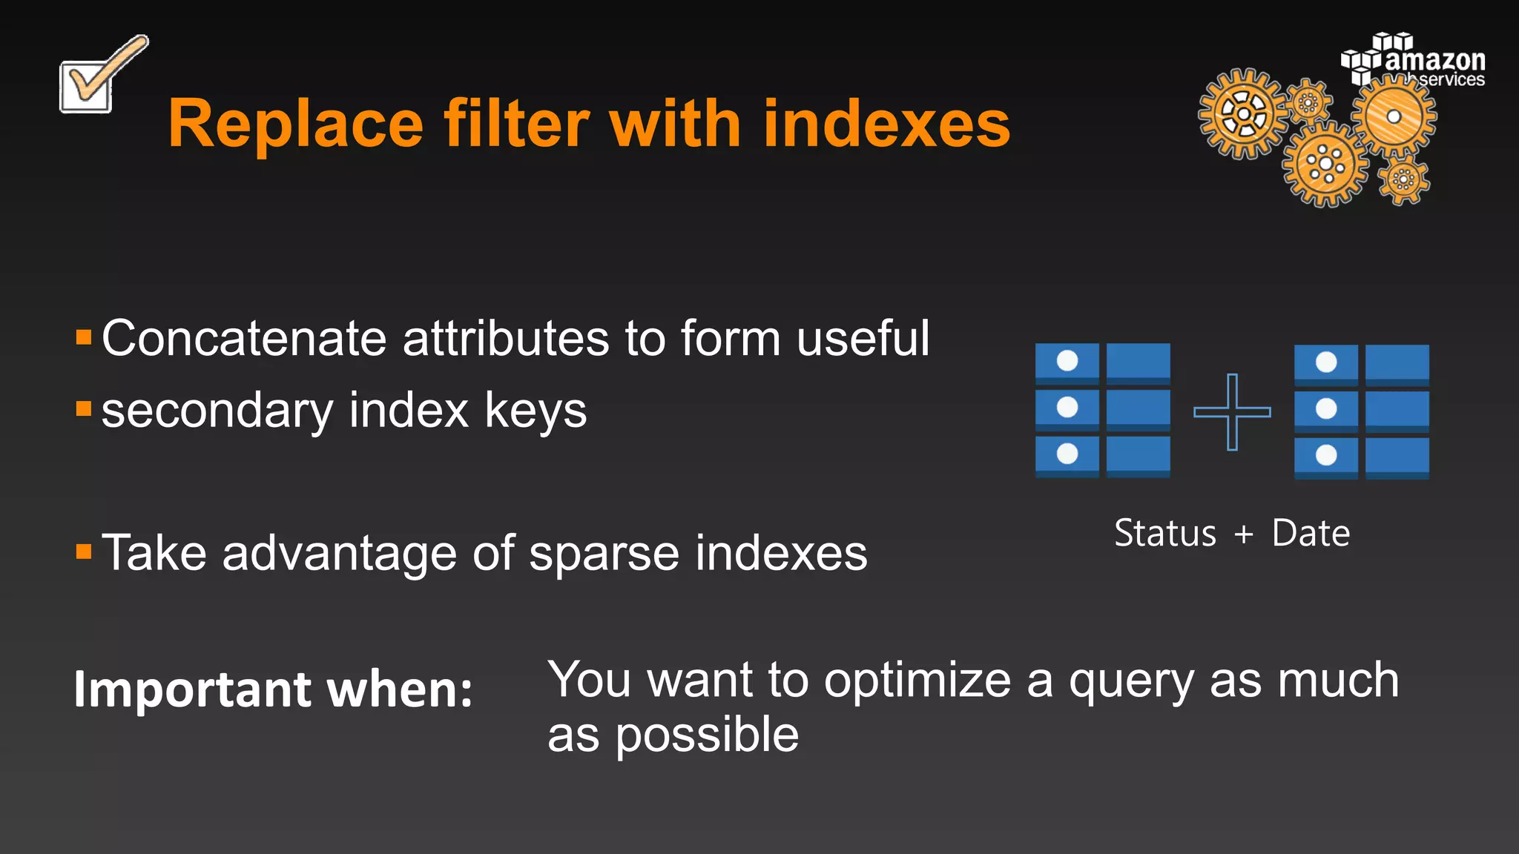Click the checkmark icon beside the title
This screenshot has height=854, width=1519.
coord(96,78)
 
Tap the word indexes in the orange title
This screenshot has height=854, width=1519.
coord(886,125)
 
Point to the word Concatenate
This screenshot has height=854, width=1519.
coord(244,339)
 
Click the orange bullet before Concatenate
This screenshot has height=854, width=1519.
coord(84,339)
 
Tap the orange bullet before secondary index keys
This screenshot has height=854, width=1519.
coord(84,408)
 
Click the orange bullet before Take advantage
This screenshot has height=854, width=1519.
coord(84,552)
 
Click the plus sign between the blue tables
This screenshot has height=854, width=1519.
coord(1232,411)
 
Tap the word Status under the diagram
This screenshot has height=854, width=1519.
coord(1165,533)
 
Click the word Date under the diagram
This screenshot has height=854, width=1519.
coord(1311,533)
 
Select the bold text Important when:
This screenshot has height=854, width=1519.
coord(273,690)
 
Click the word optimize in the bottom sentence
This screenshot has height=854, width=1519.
coord(917,681)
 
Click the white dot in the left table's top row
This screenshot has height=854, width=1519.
coord(1067,361)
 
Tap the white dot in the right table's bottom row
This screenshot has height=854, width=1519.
coord(1326,455)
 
